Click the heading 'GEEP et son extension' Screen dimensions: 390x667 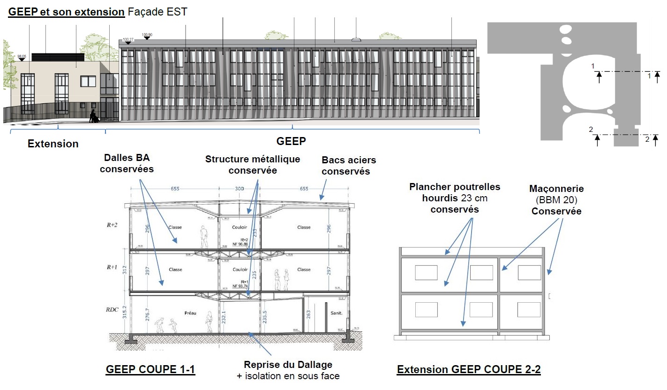point(66,12)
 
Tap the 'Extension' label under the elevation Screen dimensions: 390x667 point(53,144)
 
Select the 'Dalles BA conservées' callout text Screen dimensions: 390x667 point(127,164)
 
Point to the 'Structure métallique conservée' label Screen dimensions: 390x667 point(253,164)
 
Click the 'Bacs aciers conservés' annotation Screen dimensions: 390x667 point(349,166)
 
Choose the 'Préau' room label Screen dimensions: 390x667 point(190,311)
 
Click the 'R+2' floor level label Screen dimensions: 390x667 point(112,225)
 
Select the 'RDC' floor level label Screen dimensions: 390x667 point(112,310)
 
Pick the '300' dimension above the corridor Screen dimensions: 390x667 point(240,188)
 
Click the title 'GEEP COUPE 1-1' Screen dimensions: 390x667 point(150,370)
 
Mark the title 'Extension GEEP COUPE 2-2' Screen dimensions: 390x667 point(469,370)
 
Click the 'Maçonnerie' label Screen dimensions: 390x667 point(556,189)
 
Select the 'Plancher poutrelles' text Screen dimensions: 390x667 point(455,187)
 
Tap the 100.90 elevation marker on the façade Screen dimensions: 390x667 point(147,35)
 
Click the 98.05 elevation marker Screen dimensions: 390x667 point(22,56)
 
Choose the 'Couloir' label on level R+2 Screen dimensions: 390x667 point(240,227)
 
